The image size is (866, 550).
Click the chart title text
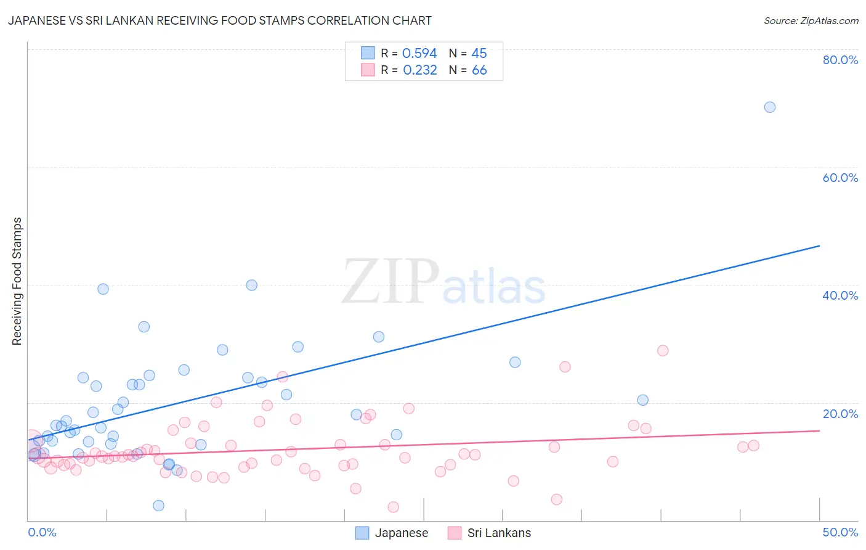[219, 20]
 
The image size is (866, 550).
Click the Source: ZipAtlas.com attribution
[811, 20]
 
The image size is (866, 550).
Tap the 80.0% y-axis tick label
[840, 60]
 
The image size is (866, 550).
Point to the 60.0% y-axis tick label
[840, 178]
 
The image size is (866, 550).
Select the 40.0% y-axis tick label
[840, 295]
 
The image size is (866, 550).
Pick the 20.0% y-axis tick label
[840, 414]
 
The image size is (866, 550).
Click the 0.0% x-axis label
[42, 532]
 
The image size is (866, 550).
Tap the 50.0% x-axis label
[840, 532]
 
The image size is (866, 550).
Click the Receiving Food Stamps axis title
[17, 281]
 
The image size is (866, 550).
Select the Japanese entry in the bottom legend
[401, 533]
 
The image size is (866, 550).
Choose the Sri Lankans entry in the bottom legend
[498, 533]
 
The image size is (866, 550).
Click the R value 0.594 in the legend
[419, 54]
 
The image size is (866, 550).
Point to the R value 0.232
[420, 70]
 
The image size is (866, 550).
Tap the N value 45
[479, 54]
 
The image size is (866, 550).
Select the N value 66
[479, 70]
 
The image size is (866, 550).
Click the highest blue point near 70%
[769, 107]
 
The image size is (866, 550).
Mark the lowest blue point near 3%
[158, 506]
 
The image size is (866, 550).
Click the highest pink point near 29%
[663, 351]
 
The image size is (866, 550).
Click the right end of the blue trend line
[819, 245]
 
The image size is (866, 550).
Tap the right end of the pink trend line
[819, 430]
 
